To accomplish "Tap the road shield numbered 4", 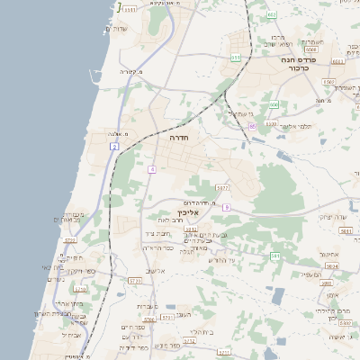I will (x=153, y=168).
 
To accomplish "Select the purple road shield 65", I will (x=253, y=126).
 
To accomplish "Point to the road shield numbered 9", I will (x=227, y=207).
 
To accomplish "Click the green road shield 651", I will (x=235, y=58).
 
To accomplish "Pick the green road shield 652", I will (x=273, y=15).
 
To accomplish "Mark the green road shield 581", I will (x=275, y=256).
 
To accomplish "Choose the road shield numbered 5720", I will (x=70, y=240).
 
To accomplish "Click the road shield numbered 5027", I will (x=221, y=188).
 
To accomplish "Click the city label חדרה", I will (x=178, y=139).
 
